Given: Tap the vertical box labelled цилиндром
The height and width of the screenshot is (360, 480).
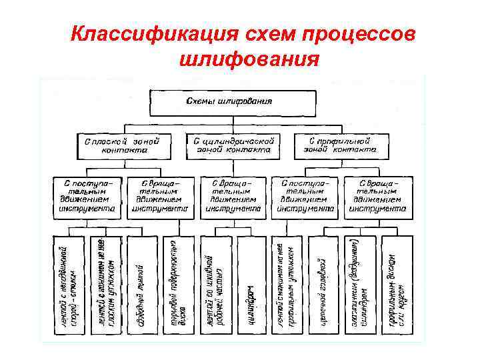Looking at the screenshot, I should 251,283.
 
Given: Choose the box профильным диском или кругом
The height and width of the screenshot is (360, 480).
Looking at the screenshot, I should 395,283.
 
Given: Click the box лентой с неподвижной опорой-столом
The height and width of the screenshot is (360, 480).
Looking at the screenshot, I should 69,283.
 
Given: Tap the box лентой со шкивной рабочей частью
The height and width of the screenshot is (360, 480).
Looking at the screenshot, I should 215,283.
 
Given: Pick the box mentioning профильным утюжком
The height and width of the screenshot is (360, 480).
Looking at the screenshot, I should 287,283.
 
